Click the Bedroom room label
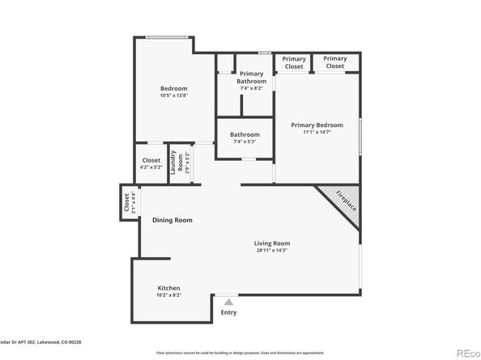[173, 88]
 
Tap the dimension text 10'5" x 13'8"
[173, 95]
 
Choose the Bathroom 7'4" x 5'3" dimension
[245, 142]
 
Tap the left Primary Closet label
[294, 62]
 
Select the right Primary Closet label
[334, 62]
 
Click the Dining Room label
[172, 220]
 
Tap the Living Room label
[271, 243]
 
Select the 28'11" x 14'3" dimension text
[271, 250]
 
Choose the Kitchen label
[168, 288]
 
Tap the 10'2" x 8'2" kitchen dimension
[168, 295]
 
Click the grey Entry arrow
[228, 302]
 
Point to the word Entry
[228, 312]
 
